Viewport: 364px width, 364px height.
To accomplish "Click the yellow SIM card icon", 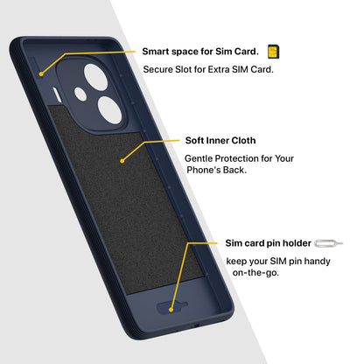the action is pyautogui.click(x=273, y=52).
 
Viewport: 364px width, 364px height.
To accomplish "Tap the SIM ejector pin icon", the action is pyautogui.click(x=329, y=243).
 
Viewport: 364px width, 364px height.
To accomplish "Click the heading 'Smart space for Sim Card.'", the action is pyautogui.click(x=200, y=52).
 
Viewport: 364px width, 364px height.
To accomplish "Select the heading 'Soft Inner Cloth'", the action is pyautogui.click(x=220, y=140).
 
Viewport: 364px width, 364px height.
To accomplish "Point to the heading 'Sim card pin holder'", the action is pyautogui.click(x=268, y=243).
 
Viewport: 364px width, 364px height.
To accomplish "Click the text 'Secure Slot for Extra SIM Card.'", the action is pyautogui.click(x=208, y=69).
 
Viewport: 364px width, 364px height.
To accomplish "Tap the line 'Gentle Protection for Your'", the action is pyautogui.click(x=239, y=158).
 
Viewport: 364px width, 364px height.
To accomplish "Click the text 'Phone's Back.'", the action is pyautogui.click(x=216, y=170).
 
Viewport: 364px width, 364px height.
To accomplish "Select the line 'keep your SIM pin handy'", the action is pyautogui.click(x=278, y=261).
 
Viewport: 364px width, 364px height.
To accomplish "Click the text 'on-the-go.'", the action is pyautogui.click(x=255, y=273).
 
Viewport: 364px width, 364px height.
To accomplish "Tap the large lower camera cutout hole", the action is pyautogui.click(x=110, y=110).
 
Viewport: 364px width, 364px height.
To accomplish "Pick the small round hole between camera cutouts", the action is pyautogui.click(x=80, y=94).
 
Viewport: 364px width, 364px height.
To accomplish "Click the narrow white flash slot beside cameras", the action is pyautogui.click(x=57, y=95).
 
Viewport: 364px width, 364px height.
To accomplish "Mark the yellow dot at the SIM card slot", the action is pyautogui.click(x=41, y=74).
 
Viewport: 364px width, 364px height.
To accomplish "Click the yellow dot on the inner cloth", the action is pyautogui.click(x=122, y=161).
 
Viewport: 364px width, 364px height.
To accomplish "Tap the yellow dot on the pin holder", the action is pyautogui.click(x=171, y=310).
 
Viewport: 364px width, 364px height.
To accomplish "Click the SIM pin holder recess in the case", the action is pyautogui.click(x=171, y=307).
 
